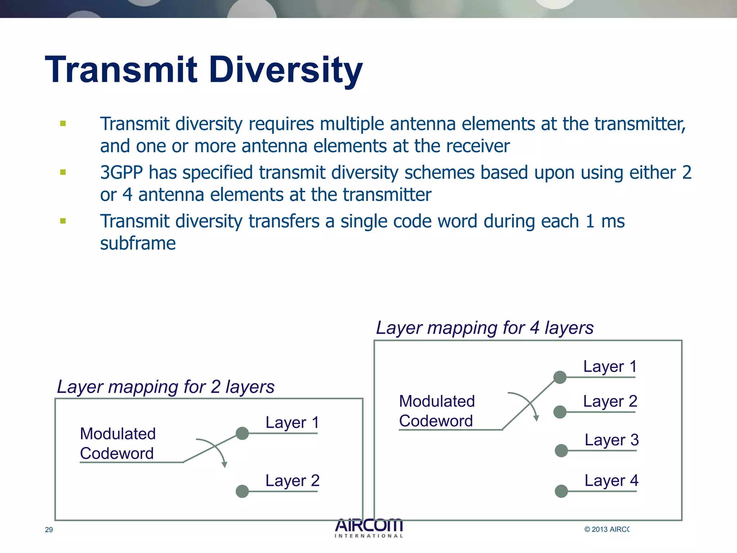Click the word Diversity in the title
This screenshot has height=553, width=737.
286,70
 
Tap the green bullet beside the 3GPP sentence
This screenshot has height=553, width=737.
63,172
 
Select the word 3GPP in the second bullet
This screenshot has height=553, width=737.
121,172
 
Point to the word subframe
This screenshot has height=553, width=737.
138,243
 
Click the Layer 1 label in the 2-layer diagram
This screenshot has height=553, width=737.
292,422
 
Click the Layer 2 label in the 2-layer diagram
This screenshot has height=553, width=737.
292,480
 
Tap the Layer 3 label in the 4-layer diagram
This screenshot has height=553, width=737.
611,440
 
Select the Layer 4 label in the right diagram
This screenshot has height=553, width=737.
611,480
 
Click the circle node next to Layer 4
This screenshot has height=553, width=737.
561,491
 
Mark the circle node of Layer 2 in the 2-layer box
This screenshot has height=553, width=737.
242,491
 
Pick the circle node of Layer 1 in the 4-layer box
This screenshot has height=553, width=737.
560,377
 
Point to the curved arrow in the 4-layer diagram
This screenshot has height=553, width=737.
529,403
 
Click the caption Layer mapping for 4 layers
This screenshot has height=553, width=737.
484,328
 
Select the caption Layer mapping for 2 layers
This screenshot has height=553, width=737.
166,387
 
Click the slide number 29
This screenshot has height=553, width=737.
49,530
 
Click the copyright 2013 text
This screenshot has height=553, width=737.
607,529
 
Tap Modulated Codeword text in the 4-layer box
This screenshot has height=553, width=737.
437,411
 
